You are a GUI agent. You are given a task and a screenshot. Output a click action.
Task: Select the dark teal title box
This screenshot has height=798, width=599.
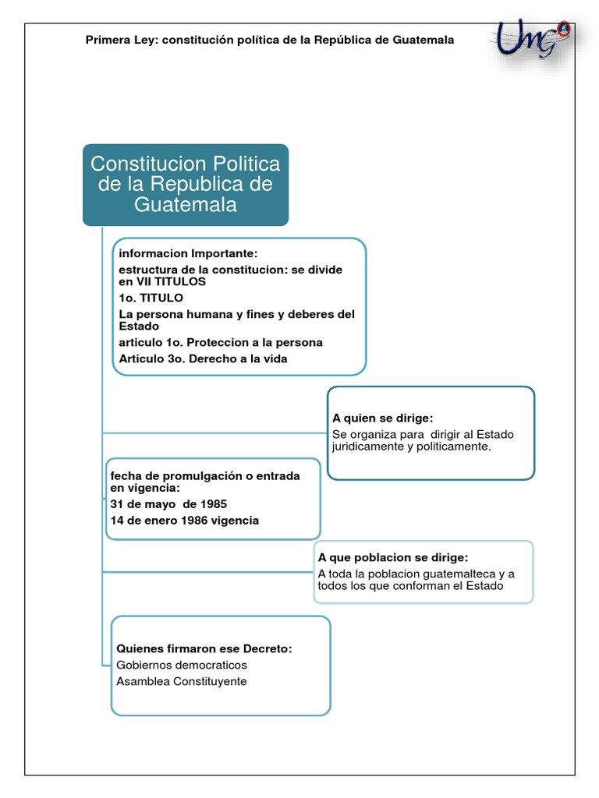[x=186, y=185]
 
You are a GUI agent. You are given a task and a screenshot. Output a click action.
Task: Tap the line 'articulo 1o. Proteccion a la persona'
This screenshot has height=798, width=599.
[x=220, y=343]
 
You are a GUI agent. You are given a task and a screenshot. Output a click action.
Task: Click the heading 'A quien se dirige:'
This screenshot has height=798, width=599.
[x=382, y=418]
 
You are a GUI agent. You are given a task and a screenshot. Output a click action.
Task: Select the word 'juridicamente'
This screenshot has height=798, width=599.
[x=368, y=447]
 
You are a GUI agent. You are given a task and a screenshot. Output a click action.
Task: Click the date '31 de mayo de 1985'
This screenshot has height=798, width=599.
[x=168, y=503]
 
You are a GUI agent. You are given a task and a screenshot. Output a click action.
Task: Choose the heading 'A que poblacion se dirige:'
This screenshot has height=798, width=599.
[x=393, y=558]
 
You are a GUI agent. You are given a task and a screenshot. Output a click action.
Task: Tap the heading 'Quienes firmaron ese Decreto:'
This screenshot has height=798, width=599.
[x=204, y=649]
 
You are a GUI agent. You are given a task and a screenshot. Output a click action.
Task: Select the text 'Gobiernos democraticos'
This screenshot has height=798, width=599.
[x=181, y=665]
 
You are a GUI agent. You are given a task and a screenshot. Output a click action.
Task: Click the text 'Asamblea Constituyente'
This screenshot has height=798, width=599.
[x=181, y=681]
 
